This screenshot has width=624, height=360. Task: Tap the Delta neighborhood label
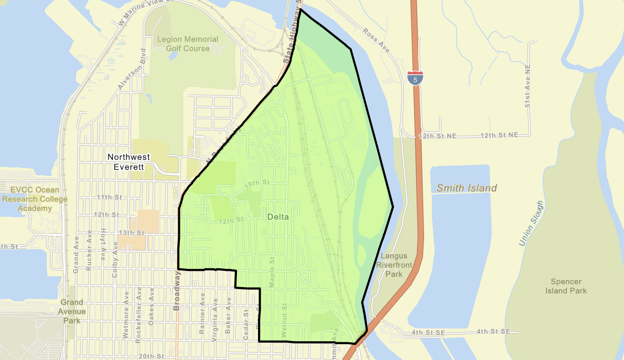pos(278,217)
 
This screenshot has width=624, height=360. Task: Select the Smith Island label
pos(467,188)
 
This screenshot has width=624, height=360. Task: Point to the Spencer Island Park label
pos(566,286)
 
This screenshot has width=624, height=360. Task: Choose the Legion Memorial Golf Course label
pos(188,44)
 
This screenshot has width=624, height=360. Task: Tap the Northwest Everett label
pos(129,162)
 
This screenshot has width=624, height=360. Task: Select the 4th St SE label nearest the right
pos(493,332)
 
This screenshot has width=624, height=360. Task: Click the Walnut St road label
pos(284,321)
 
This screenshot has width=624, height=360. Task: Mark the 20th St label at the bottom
pos(151,356)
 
